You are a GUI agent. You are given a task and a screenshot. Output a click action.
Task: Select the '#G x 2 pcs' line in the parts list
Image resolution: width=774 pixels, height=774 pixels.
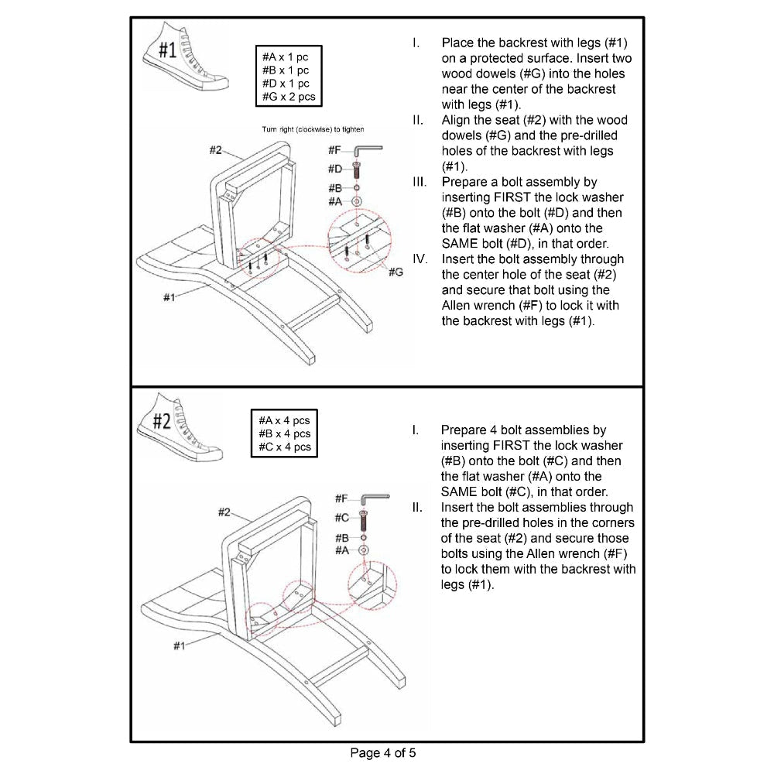[289, 97]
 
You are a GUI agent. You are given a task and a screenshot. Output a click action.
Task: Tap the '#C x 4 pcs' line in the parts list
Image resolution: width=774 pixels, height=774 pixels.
[285, 447]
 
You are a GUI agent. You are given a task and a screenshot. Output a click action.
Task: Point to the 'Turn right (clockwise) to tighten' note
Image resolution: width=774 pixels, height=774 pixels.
[307, 129]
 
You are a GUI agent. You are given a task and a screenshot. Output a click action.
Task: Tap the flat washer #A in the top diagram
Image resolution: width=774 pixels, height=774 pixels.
[358, 200]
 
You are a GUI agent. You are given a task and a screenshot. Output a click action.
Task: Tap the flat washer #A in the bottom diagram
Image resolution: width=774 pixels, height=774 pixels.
[365, 550]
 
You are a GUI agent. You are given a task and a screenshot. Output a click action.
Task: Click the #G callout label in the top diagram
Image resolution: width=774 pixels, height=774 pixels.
[396, 272]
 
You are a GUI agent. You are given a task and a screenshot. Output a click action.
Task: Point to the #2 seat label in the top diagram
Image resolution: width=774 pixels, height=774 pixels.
[217, 150]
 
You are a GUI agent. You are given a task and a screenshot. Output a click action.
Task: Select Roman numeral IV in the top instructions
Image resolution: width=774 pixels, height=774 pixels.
[419, 259]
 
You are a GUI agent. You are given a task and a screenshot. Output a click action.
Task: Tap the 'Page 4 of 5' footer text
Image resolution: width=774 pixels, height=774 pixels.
[387, 752]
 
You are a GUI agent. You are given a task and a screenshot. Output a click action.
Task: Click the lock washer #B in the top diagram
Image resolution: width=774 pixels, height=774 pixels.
[357, 187]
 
